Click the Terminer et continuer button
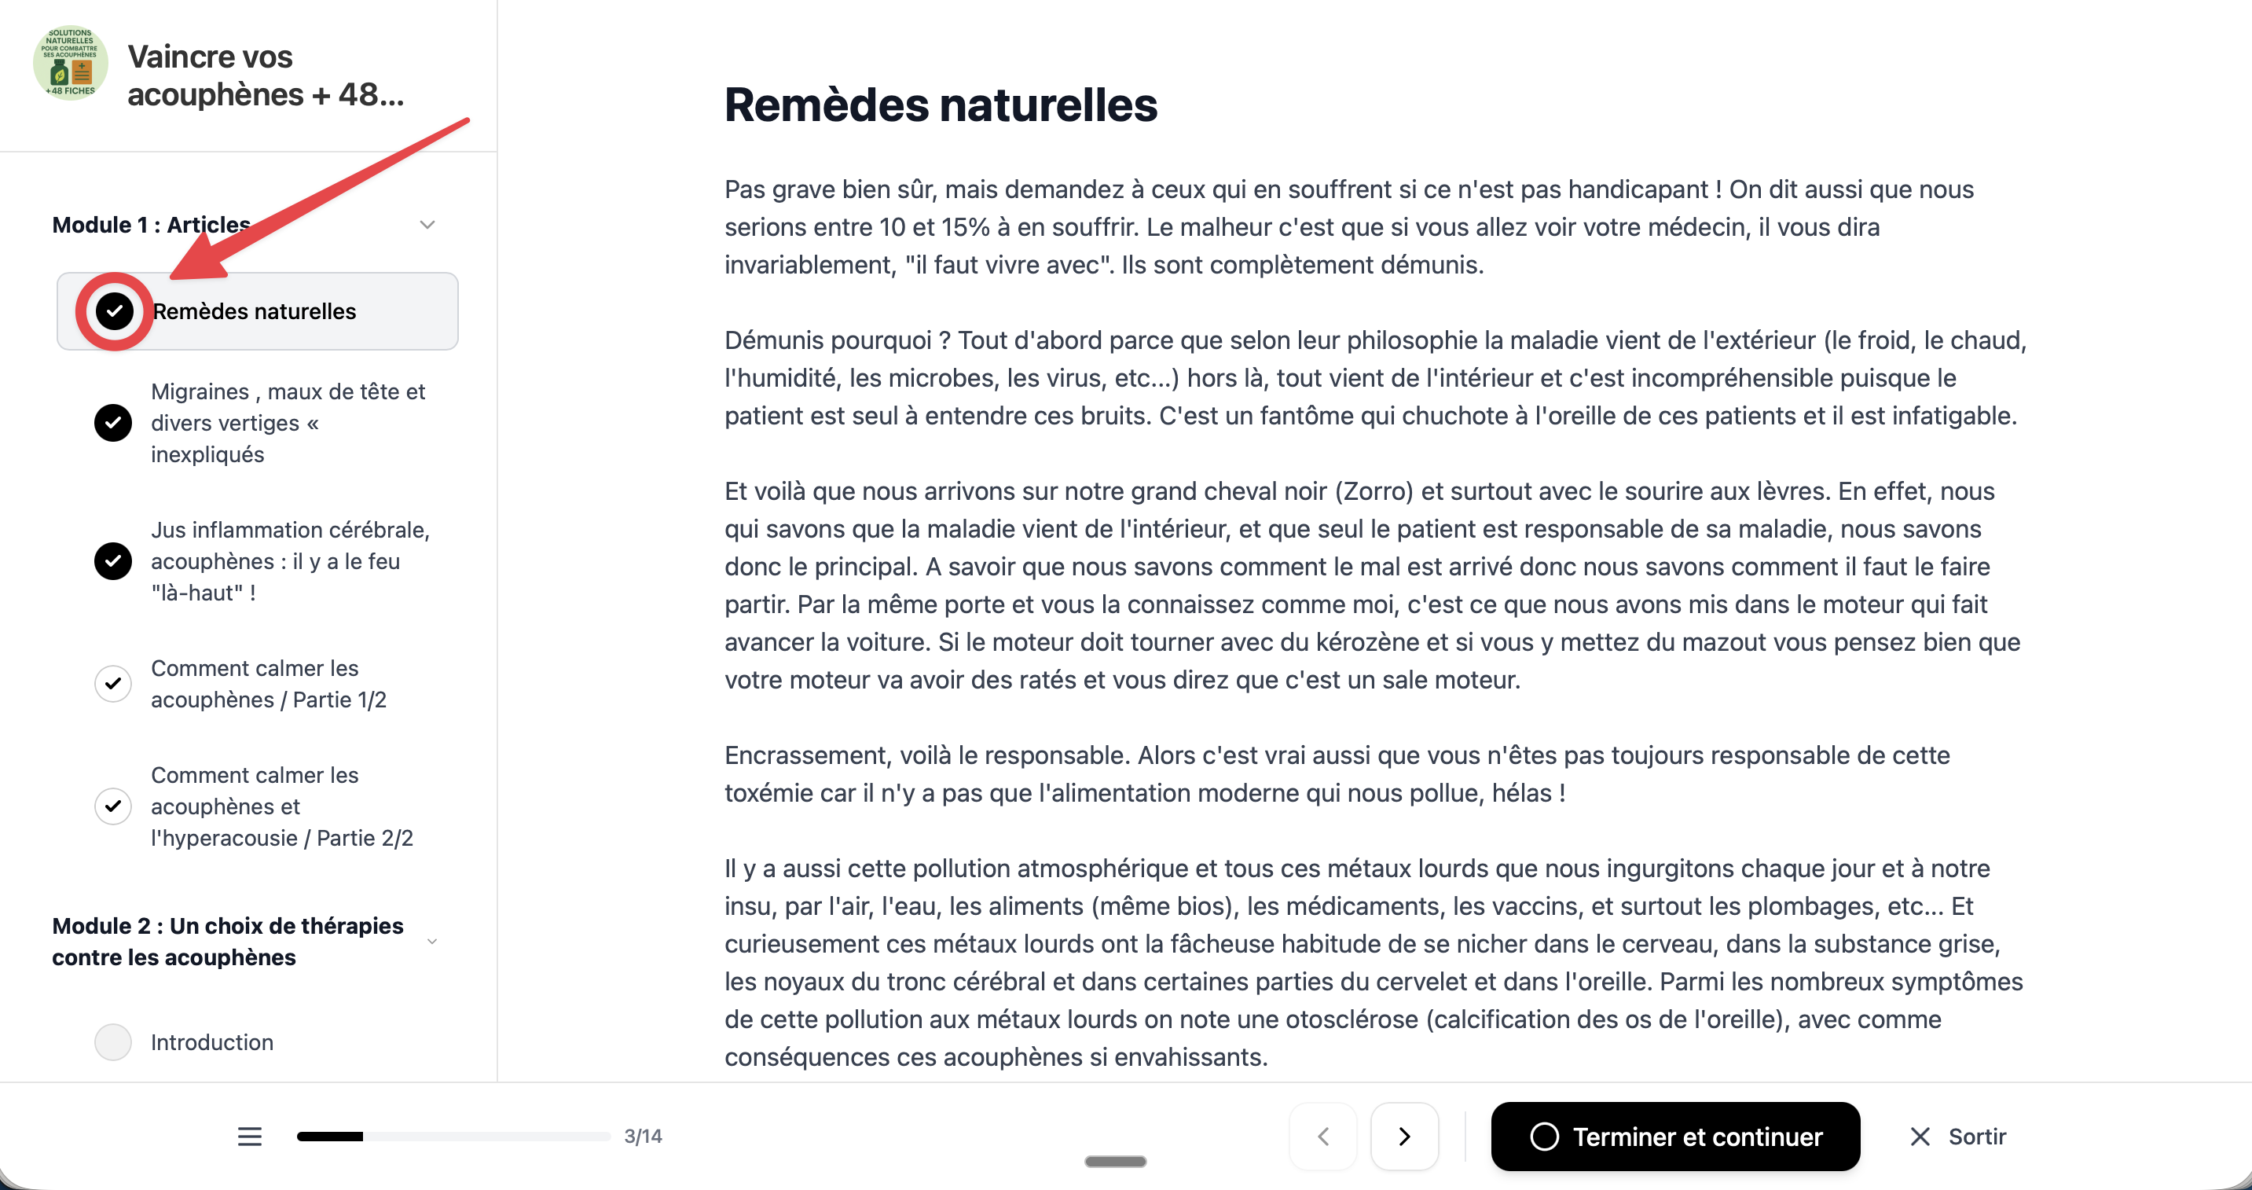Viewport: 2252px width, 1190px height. tap(1674, 1136)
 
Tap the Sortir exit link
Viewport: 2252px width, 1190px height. tap(1957, 1136)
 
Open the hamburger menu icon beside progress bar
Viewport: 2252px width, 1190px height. tap(249, 1136)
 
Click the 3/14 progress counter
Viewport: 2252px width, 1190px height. tap(643, 1136)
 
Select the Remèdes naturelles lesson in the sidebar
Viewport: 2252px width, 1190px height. tap(255, 311)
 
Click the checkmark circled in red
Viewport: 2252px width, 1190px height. tap(115, 311)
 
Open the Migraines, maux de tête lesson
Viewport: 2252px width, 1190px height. tap(288, 422)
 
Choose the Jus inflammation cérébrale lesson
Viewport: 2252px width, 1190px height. tap(289, 560)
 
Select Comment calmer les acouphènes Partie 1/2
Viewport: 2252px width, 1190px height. tap(269, 684)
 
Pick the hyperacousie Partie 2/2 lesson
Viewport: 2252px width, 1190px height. tap(281, 806)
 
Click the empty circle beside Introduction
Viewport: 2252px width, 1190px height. tap(113, 1041)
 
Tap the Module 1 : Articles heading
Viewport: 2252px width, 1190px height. tap(151, 225)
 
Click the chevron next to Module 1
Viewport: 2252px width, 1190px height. tap(427, 225)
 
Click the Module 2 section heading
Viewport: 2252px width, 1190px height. tap(227, 941)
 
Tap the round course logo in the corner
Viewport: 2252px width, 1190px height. tap(70, 63)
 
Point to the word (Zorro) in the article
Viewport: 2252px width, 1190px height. tap(1374, 491)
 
